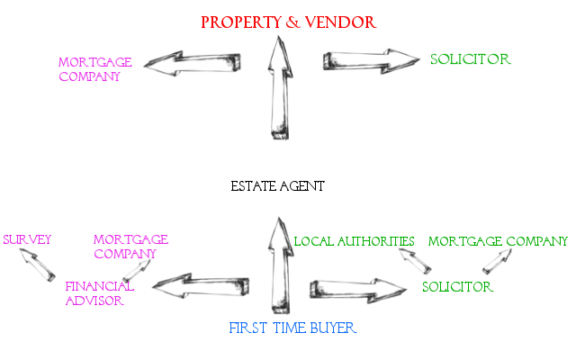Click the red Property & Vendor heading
point(288,21)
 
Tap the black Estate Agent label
point(277,186)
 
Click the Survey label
point(27,240)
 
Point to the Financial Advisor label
point(99,293)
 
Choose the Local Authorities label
point(354,241)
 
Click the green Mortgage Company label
point(498,241)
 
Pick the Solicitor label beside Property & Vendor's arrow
point(470,59)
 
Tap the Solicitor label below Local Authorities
point(457,287)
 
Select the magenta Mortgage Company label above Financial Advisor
point(130,247)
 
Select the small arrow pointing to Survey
point(40,265)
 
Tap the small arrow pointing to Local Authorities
point(415,261)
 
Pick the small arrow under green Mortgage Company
point(498,261)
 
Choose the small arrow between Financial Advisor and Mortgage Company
point(138,269)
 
